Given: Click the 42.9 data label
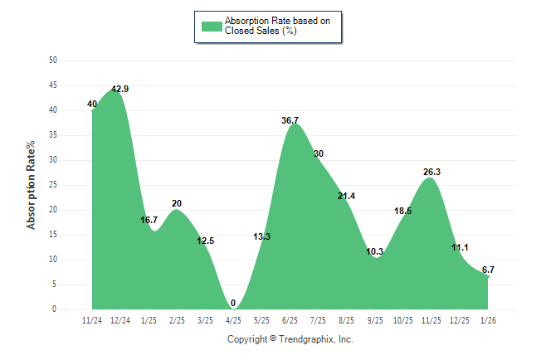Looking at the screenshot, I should coord(121,89).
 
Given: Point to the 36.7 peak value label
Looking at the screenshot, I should coord(290,120).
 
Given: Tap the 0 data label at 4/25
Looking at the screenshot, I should coord(233,303).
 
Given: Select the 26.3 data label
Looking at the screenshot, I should coord(431,173).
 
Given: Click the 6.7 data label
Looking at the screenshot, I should coord(488,270).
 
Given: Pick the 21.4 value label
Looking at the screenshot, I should coord(347,196).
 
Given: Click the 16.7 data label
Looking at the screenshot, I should coord(149,221).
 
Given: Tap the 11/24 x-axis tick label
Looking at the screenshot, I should coord(92,319).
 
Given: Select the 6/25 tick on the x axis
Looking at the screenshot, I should coord(290,319).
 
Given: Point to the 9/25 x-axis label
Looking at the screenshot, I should coord(375,319).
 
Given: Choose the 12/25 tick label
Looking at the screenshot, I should coord(460,319).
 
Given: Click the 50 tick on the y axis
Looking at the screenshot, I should coord(53,61).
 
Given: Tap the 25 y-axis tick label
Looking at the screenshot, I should coord(53,185).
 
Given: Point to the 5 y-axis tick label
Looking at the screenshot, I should coord(55,285).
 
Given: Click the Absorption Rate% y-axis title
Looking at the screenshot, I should coord(32,185).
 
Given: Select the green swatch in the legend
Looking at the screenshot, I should coord(212,26).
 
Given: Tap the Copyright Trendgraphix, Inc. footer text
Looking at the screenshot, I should coord(290,339).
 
